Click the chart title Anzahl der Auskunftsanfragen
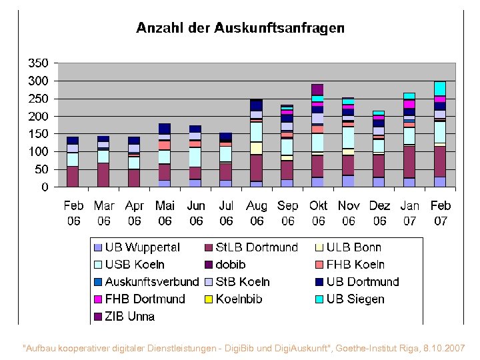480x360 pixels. click(240, 28)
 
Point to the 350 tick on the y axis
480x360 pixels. click(37, 63)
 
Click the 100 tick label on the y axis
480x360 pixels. click(37, 152)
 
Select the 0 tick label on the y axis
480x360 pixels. click(45, 187)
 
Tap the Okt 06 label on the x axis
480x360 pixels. click(318, 213)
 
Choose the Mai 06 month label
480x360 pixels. click(165, 213)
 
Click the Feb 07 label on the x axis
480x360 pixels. click(441, 213)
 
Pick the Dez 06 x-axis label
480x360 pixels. click(379, 213)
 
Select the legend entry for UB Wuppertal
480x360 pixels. click(137, 247)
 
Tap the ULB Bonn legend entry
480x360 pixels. click(347, 247)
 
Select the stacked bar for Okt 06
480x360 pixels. click(318, 140)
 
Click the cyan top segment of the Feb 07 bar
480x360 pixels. click(440, 88)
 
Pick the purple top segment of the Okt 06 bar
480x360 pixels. click(318, 89)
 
